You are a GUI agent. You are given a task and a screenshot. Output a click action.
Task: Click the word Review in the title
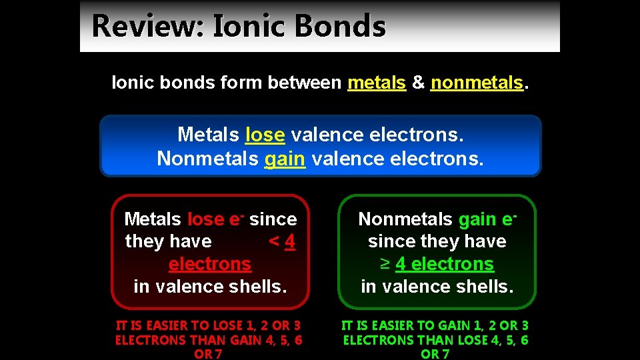(x=148, y=27)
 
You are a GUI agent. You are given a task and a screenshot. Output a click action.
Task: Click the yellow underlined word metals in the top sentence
(x=377, y=83)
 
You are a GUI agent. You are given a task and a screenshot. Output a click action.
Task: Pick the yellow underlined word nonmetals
(x=477, y=83)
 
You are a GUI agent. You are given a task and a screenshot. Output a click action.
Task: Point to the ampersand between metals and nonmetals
(x=418, y=83)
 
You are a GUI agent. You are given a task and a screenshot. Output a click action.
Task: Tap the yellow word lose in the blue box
(x=265, y=135)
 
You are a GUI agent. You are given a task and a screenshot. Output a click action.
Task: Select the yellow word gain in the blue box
(x=285, y=159)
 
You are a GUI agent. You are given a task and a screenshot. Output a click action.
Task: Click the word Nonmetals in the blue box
(x=207, y=159)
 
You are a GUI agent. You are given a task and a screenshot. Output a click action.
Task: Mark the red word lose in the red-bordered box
(x=206, y=219)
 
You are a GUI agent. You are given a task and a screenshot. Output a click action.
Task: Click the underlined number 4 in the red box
(x=289, y=241)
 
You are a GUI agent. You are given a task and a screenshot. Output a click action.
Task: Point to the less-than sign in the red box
(x=273, y=241)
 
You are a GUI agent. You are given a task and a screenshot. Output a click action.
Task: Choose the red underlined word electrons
(x=210, y=264)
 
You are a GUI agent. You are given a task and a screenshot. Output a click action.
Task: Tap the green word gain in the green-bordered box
(x=477, y=219)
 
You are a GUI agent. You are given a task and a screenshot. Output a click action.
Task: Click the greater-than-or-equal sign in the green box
(x=385, y=264)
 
